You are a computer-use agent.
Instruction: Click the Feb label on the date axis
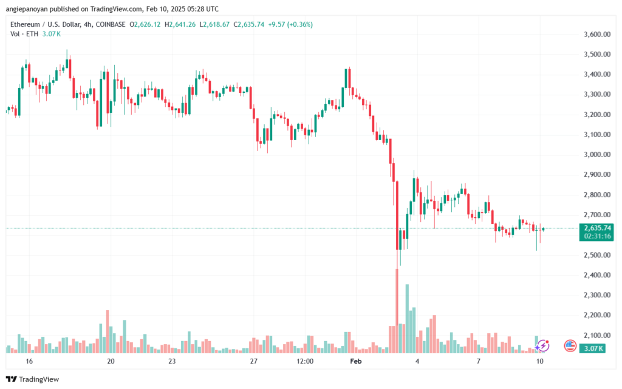[356, 361]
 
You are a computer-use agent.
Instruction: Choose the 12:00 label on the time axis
[305, 361]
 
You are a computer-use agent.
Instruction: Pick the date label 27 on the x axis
[253, 361]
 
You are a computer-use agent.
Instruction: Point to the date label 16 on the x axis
[29, 361]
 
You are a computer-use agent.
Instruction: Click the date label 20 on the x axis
[111, 361]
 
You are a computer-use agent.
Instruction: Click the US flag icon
[570, 345]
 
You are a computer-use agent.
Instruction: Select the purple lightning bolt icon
[542, 345]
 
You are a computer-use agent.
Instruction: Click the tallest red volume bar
[397, 310]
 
